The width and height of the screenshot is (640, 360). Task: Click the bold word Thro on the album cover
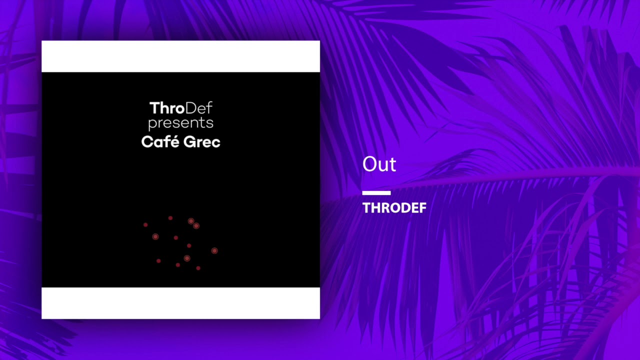click(x=167, y=108)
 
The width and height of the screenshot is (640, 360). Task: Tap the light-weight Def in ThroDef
click(x=199, y=108)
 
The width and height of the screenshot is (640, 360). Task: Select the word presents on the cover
click(x=180, y=123)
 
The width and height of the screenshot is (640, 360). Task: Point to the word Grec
click(x=202, y=142)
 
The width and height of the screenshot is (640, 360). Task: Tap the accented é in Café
click(x=174, y=141)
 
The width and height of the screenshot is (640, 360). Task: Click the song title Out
click(x=379, y=164)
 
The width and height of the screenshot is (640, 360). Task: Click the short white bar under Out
click(x=376, y=193)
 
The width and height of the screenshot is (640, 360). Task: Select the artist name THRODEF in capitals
click(x=394, y=207)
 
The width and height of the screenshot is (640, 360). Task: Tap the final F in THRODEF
click(x=422, y=207)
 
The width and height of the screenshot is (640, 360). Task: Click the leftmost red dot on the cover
click(x=145, y=225)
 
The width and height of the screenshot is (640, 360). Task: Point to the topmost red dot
click(x=170, y=218)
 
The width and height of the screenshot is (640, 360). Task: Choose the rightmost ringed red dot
click(x=214, y=250)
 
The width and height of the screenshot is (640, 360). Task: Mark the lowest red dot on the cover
click(x=198, y=268)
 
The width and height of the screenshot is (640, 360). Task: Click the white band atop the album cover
click(x=180, y=56)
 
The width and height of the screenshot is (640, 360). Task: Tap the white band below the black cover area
click(x=180, y=303)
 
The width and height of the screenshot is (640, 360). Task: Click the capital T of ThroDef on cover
click(x=154, y=108)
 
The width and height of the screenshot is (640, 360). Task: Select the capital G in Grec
click(x=189, y=142)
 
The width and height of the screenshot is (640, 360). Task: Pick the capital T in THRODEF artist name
click(x=366, y=207)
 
